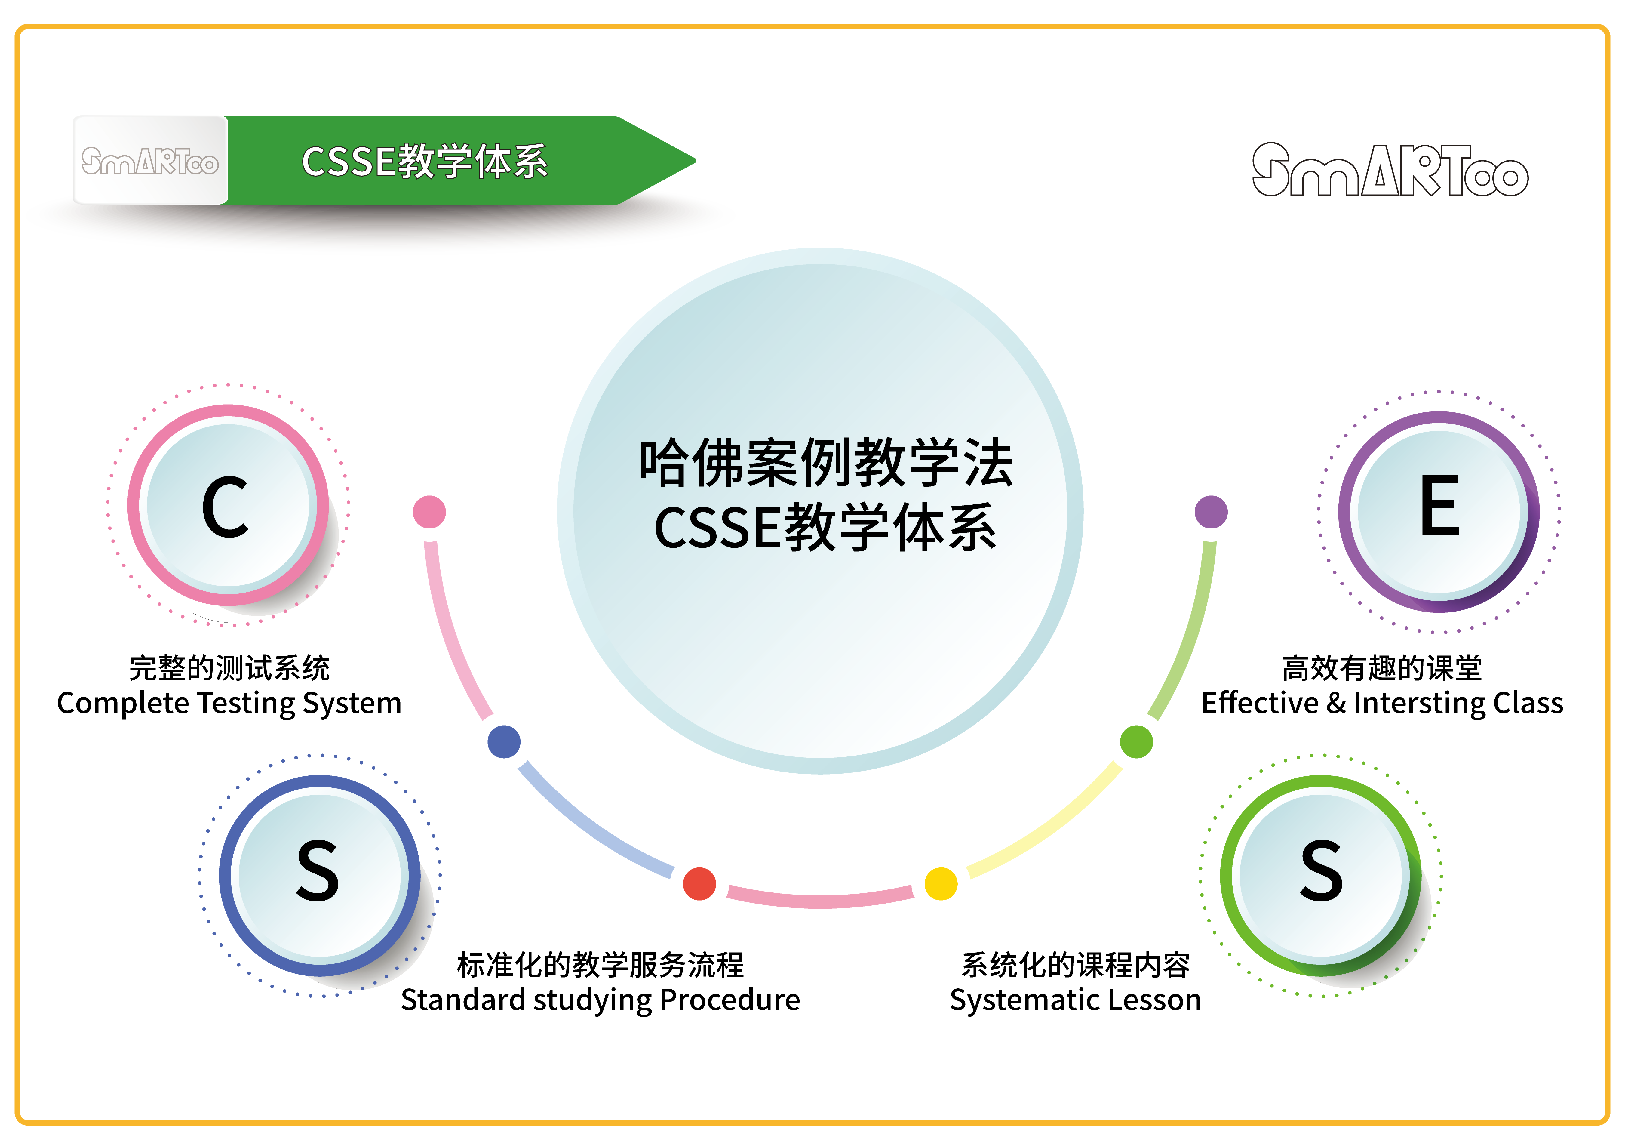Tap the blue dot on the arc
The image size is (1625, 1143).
coord(504,742)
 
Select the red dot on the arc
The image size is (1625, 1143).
coord(699,883)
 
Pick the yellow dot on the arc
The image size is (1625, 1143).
coord(941,883)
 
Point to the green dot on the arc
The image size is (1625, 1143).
coord(1136,742)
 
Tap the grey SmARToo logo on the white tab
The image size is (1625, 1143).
coord(150,161)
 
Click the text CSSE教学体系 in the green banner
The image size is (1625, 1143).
coord(425,161)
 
